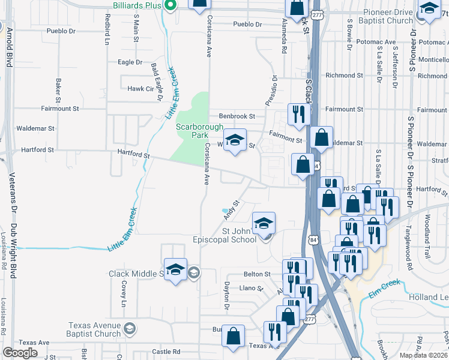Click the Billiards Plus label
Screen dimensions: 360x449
coord(137,5)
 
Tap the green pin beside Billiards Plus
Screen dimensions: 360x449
coord(170,6)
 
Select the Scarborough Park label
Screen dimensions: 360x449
coord(199,131)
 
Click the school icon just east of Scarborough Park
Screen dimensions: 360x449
coord(235,140)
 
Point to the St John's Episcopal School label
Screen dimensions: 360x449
coord(240,235)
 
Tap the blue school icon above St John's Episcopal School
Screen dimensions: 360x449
coord(263,224)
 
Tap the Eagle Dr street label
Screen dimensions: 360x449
coord(130,62)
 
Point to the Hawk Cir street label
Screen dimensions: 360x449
coord(140,89)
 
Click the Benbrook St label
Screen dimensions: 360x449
coord(237,116)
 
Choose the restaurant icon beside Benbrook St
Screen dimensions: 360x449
coord(298,114)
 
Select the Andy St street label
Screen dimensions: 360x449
coord(232,210)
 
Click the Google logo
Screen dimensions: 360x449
coord(20,353)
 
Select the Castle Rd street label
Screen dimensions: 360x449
coord(166,352)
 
